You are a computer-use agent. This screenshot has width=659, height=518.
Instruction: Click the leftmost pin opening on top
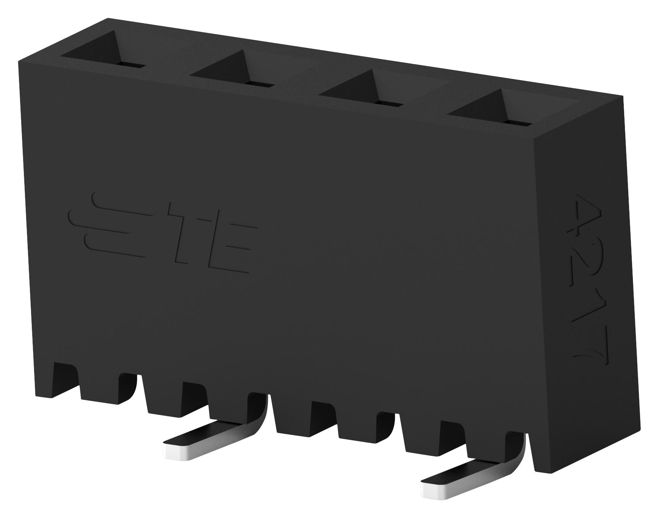[x=102, y=57]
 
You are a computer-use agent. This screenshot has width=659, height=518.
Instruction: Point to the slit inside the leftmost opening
[x=130, y=65]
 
